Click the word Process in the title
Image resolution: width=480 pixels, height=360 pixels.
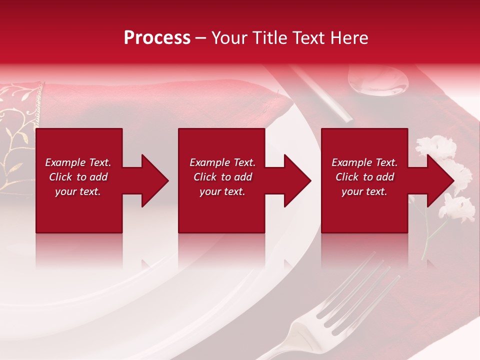coord(157,38)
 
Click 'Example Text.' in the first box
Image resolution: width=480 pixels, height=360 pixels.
coord(78,162)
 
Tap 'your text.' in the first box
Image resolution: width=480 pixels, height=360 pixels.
coord(78,191)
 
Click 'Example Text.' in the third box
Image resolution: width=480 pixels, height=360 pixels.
coord(364,162)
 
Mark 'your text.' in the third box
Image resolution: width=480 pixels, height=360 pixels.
coord(364,191)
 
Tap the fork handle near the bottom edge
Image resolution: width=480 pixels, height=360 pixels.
coord(285,347)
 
